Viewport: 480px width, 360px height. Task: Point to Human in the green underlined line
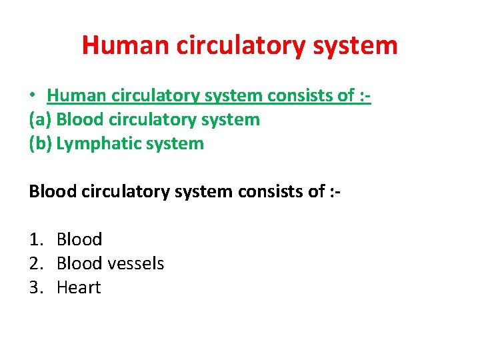(x=74, y=96)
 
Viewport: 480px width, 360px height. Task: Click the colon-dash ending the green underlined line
(x=364, y=96)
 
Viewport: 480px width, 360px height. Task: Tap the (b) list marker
(x=41, y=143)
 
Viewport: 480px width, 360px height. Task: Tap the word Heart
(x=79, y=287)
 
